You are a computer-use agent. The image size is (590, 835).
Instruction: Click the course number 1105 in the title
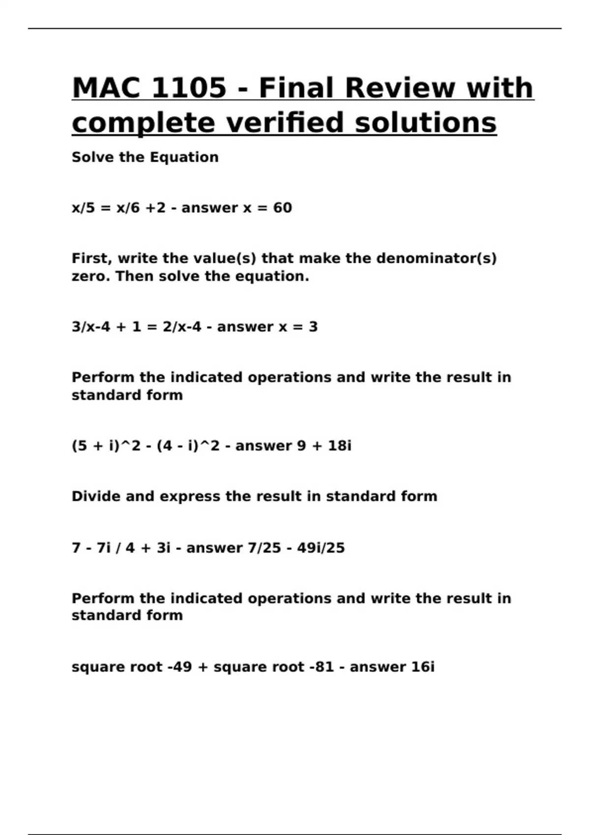coord(189,88)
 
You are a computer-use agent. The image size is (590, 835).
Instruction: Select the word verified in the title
coord(285,123)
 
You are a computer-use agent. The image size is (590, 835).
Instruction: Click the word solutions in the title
coord(426,123)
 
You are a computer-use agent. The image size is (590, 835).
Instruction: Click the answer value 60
coord(282,208)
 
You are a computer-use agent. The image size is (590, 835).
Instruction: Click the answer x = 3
coord(298,327)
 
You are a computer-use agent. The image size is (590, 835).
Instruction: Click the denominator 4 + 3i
coord(148,548)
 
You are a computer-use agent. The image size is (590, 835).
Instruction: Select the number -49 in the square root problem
coord(179,667)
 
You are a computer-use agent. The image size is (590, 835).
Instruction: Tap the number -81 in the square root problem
coord(322,667)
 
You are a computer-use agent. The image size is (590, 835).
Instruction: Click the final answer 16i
coord(422,667)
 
